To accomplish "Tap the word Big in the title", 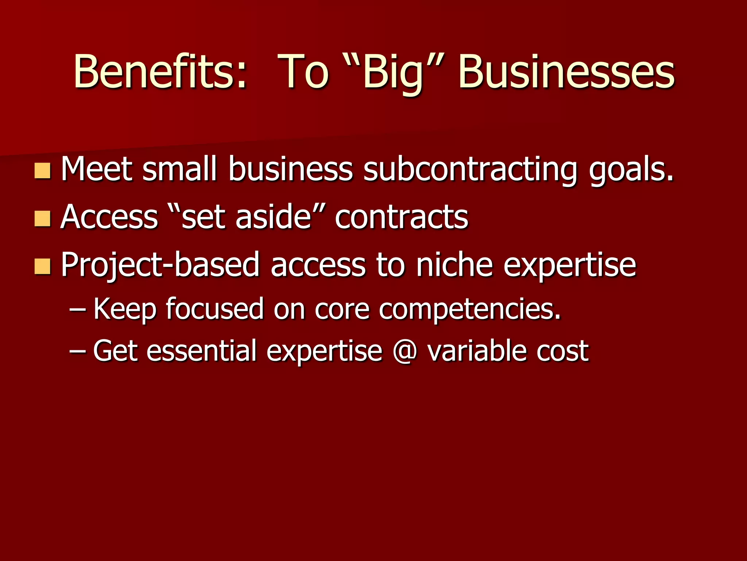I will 393,72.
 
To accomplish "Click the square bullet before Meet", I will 42,171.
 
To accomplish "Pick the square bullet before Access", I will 42,218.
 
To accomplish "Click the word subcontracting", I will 471,169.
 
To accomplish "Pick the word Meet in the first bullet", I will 97,169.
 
